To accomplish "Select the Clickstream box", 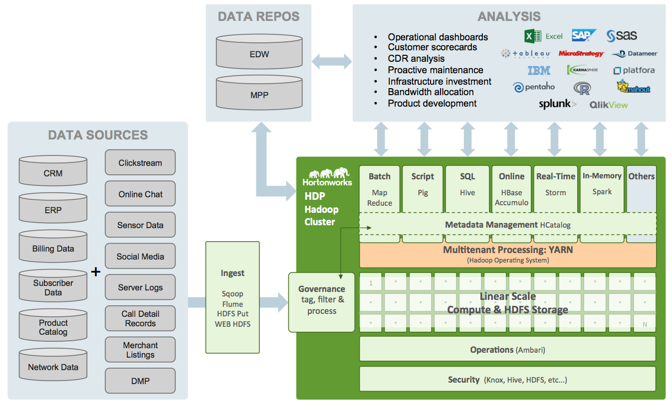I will (x=140, y=163).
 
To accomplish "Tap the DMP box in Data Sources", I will (x=140, y=381).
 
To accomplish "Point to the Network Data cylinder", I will (x=53, y=366).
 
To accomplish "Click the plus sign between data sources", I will (x=96, y=271).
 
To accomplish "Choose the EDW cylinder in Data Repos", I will (x=259, y=53).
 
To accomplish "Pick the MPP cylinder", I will (x=259, y=93).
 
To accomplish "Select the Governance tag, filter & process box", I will (x=321, y=301).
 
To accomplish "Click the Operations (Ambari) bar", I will (x=507, y=349).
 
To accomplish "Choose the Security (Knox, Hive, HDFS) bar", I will (x=507, y=380).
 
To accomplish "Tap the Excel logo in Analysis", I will (x=543, y=36).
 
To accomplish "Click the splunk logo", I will (x=557, y=104).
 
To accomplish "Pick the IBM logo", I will (x=539, y=71).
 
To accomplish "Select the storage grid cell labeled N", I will (x=645, y=324).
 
